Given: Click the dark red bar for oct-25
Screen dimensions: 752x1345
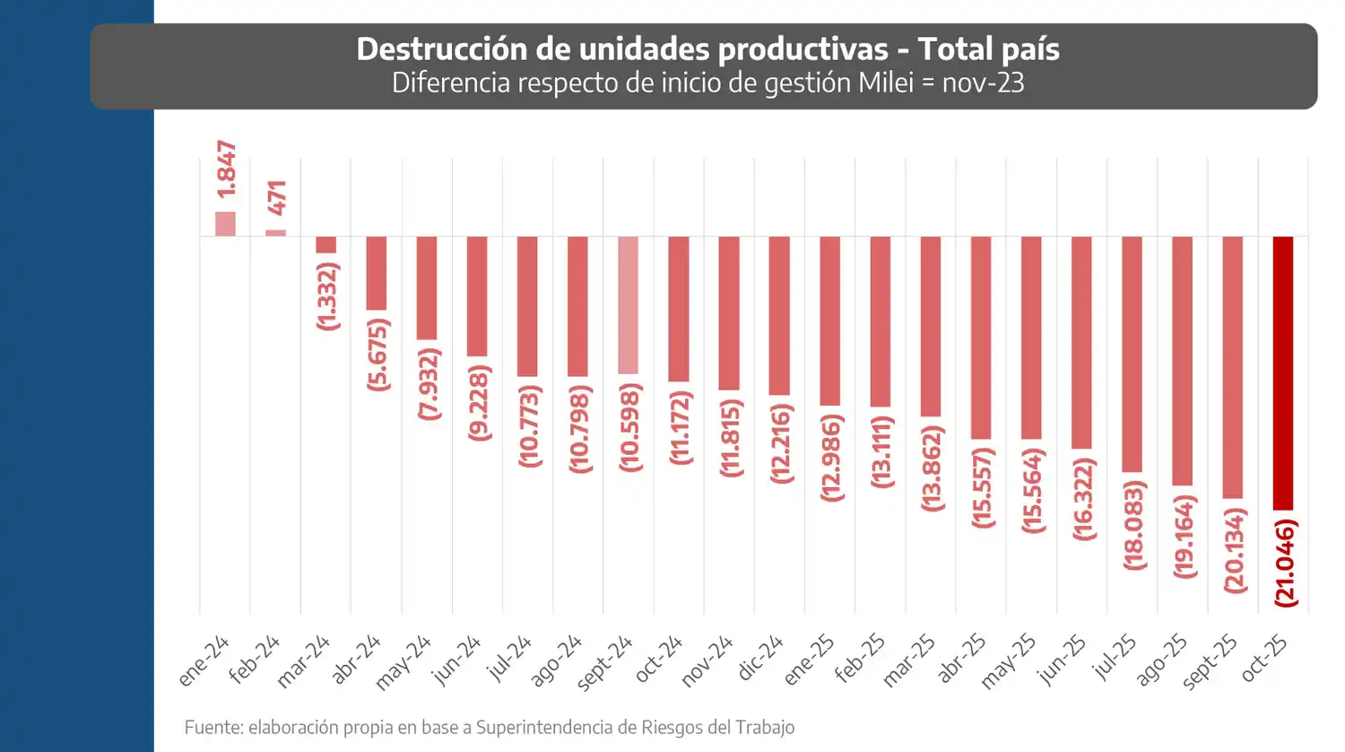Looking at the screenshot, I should (x=1283, y=373).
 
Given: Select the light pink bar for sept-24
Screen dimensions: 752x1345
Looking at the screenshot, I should (x=628, y=305).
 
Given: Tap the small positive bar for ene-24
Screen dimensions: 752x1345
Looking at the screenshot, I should (x=225, y=224).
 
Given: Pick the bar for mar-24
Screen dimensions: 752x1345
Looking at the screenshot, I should (x=326, y=245).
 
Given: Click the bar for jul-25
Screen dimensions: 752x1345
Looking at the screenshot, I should (x=1132, y=354).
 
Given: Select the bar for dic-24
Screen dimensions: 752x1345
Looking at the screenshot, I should (x=779, y=316).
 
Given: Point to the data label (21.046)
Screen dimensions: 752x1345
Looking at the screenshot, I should (x=1286, y=564).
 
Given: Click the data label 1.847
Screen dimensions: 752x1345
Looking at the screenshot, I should (x=227, y=170).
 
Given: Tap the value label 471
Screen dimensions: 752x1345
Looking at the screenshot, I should (x=278, y=197).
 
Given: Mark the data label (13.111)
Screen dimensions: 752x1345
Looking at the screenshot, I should (x=882, y=450).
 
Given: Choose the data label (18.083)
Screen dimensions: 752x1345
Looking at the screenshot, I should (x=1134, y=525).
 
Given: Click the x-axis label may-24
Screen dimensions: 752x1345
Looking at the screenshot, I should (x=403, y=662).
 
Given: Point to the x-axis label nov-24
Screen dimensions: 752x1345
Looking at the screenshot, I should (x=707, y=661).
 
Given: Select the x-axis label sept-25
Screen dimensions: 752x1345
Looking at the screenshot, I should (x=1210, y=663).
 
